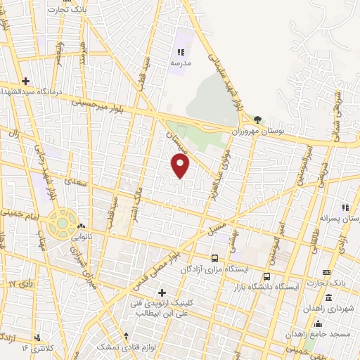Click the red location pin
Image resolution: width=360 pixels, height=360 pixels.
(x=181, y=166)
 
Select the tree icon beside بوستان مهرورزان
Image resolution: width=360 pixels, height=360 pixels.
(x=258, y=120)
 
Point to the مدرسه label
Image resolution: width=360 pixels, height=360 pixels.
(x=180, y=63)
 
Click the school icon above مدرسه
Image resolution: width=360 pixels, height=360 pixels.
(x=181, y=52)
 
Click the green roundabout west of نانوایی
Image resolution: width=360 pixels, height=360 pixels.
(x=62, y=224)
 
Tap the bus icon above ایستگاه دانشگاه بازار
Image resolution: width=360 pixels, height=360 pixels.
(x=266, y=276)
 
